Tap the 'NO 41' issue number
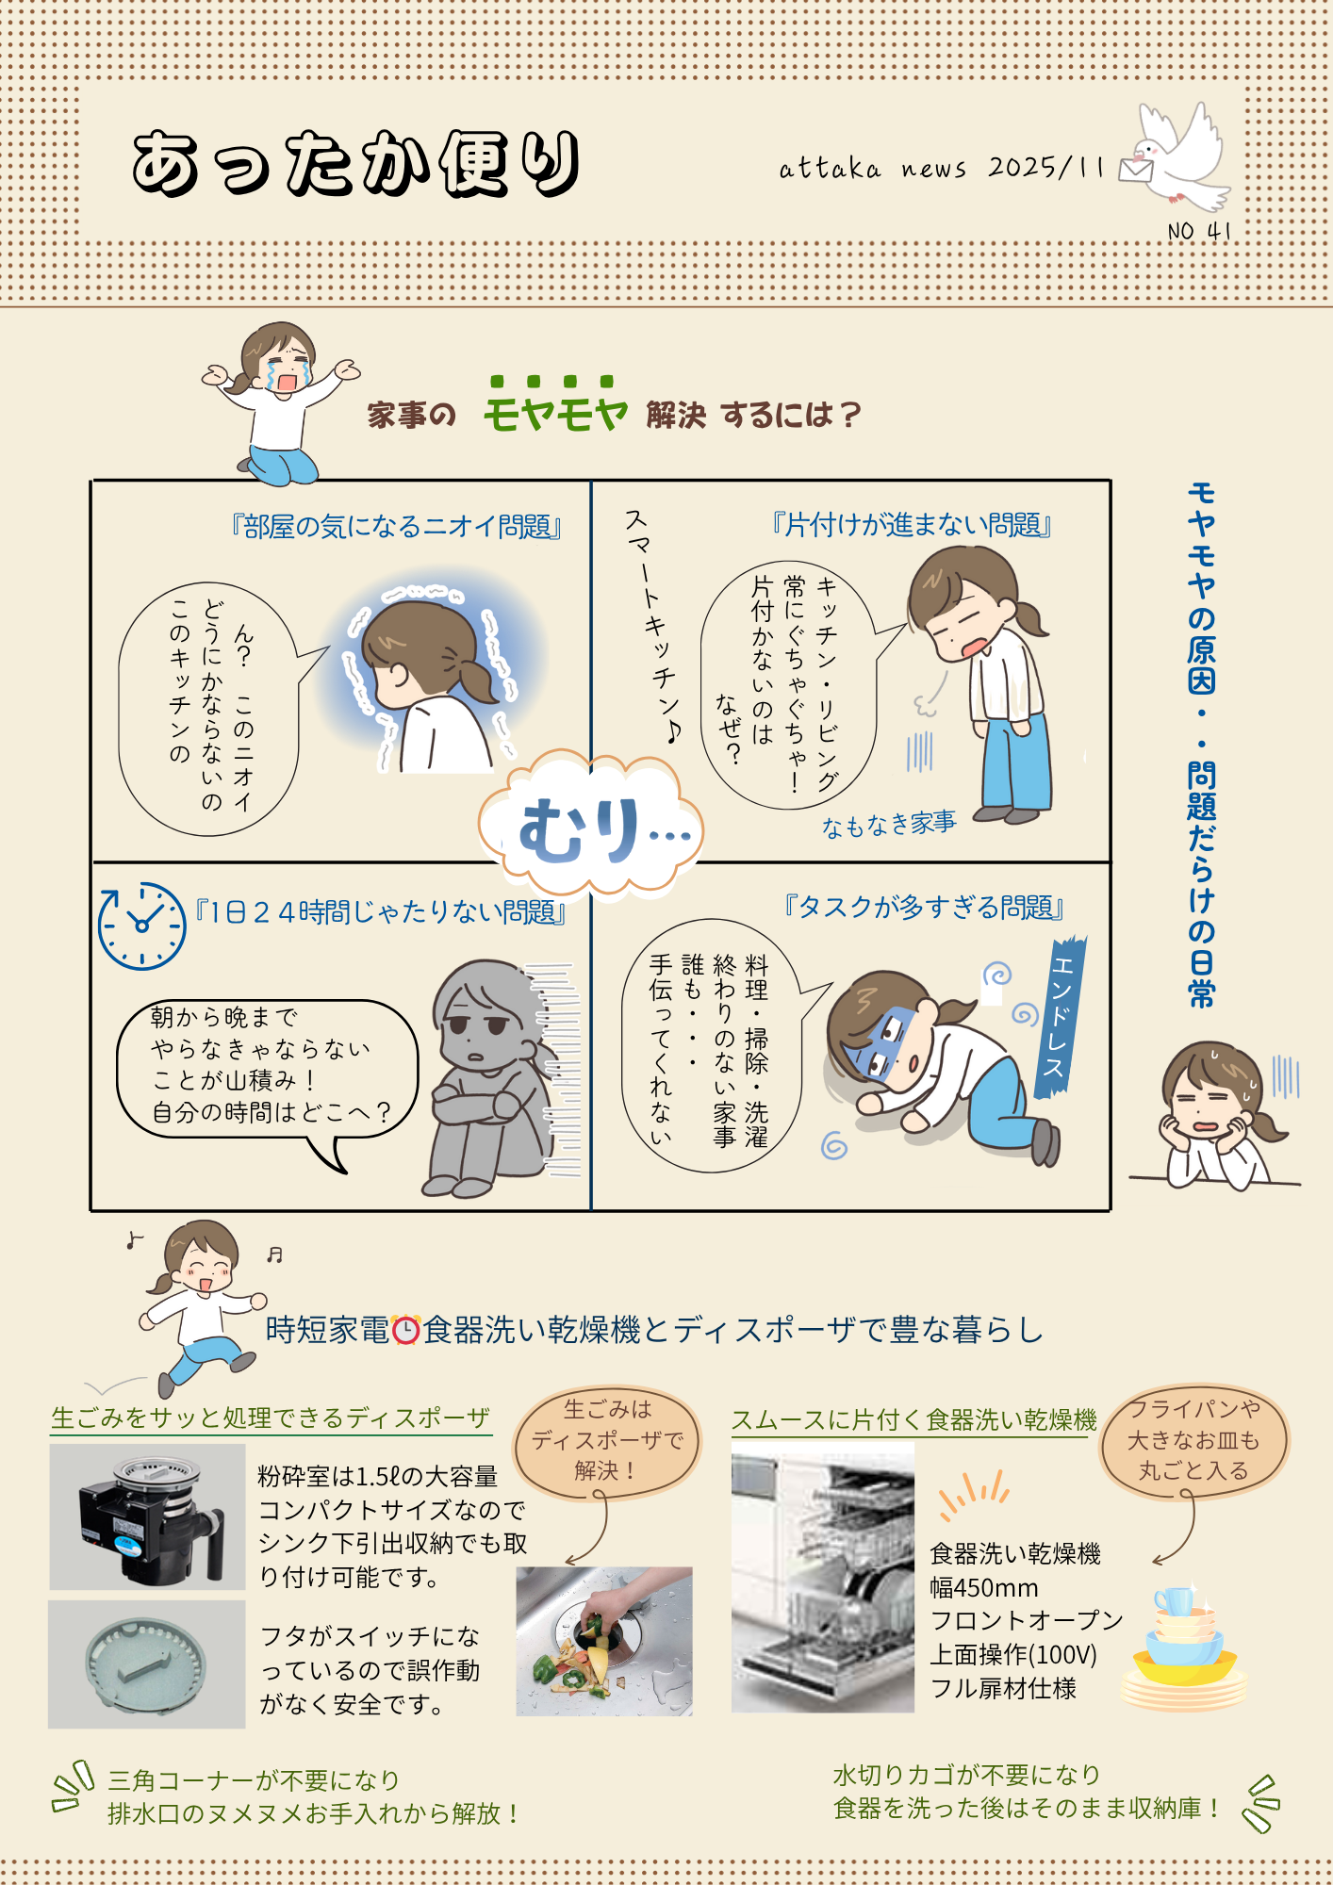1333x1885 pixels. (x=1199, y=231)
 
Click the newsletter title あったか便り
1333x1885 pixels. (x=356, y=164)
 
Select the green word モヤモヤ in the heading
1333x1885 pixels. (x=555, y=406)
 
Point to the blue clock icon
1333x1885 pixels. (x=142, y=926)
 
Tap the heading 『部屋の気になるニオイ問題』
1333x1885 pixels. (x=396, y=526)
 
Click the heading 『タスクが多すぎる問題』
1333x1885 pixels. (x=924, y=907)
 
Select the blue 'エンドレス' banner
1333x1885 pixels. (x=1061, y=1018)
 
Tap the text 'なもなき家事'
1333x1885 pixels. (x=889, y=825)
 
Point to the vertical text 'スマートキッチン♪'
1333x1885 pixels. (x=652, y=626)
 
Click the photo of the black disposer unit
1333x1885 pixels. (x=148, y=1516)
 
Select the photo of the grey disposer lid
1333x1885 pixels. (x=147, y=1664)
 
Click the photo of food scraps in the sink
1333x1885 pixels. (x=604, y=1641)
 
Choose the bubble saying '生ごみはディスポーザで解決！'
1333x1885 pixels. (x=607, y=1440)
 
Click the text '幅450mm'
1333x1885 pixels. (x=983, y=1588)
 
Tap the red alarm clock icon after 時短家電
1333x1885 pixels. (x=405, y=1329)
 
